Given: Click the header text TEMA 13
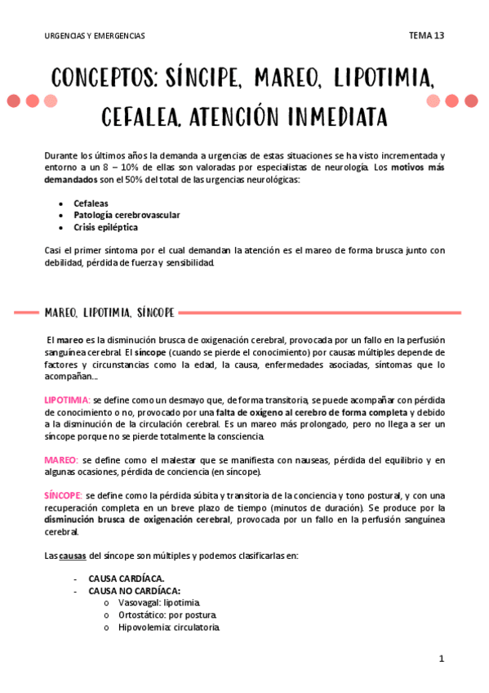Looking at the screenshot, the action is (426, 36).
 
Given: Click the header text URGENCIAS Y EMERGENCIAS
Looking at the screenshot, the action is (95, 36).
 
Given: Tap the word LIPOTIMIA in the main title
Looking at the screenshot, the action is (380, 79).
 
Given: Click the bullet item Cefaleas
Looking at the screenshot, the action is (91, 202).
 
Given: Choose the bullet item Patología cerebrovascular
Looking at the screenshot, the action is (127, 215).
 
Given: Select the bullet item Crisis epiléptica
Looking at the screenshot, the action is (105, 227).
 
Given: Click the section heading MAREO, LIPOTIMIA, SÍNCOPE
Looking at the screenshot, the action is (109, 312).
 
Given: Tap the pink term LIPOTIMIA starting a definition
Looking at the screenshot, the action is (66, 400).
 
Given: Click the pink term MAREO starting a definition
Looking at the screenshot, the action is (60, 460).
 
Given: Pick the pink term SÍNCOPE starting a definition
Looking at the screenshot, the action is (63, 496).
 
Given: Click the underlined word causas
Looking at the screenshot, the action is (73, 556).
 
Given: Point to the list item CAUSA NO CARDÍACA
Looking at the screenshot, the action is (135, 591).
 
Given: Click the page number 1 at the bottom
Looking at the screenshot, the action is (441, 659).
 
